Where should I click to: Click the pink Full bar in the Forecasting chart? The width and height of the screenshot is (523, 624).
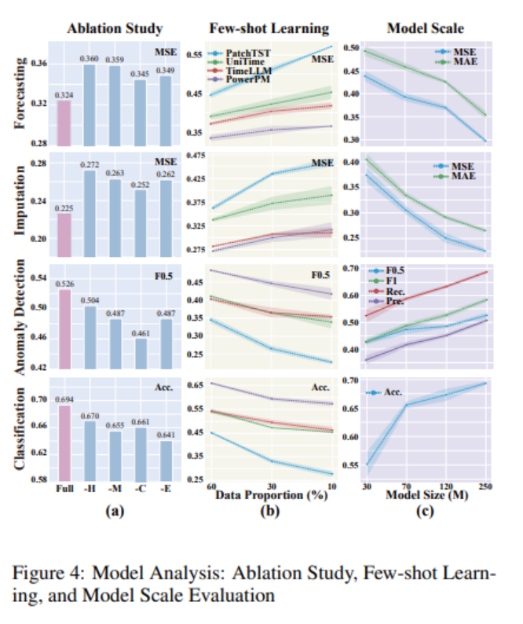pos(63,123)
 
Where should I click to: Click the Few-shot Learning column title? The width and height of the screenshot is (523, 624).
pos(269,29)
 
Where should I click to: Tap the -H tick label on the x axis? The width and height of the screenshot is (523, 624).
pos(89,488)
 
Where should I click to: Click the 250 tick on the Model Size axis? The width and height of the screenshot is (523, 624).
pos(486,487)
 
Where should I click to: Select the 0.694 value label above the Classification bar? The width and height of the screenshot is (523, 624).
pos(63,399)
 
